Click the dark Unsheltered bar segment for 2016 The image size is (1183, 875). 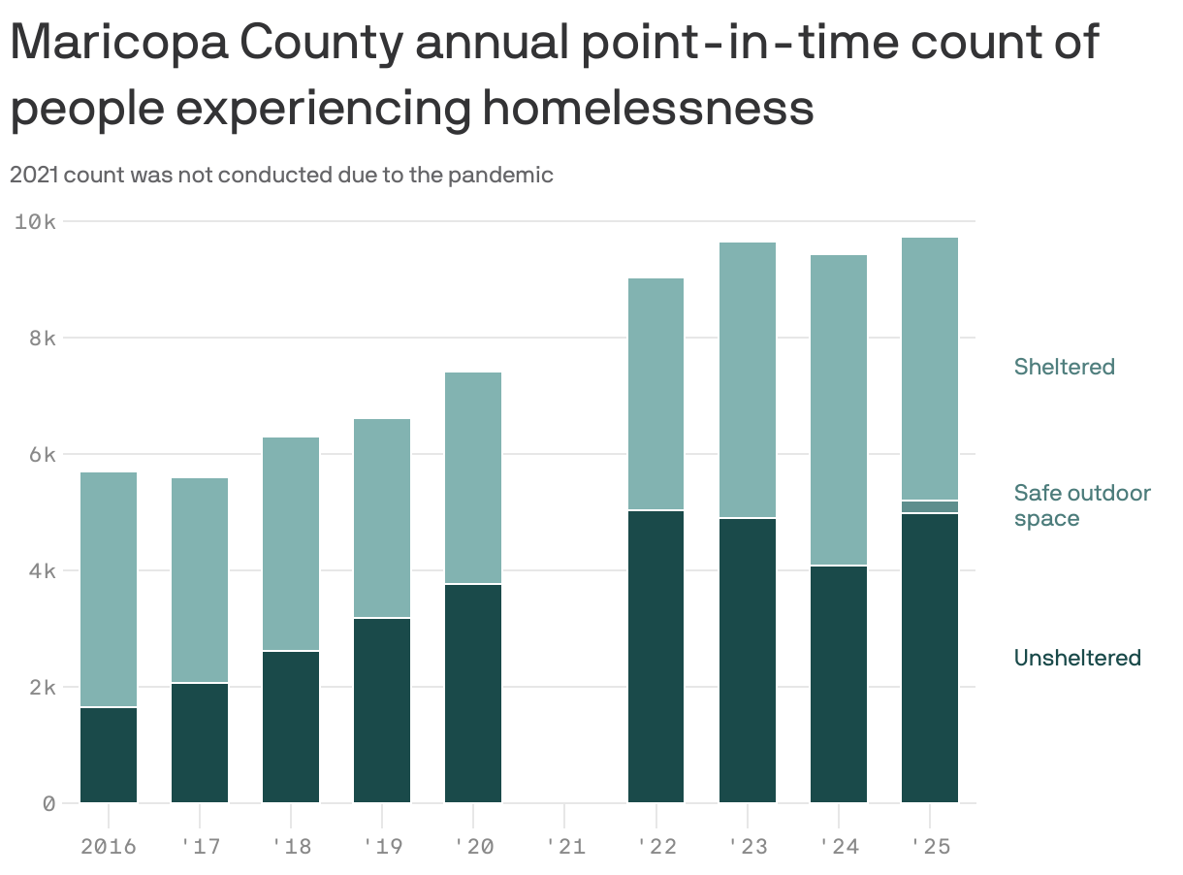109,755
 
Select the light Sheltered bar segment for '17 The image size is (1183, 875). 200,580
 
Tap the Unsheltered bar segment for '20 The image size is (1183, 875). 473,693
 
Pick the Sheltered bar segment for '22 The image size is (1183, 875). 655,394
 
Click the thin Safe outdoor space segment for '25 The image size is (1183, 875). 930,506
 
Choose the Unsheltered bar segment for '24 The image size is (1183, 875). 839,683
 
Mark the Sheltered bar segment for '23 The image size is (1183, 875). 748,380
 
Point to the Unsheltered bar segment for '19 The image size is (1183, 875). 382,710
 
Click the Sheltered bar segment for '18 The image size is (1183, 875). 291,543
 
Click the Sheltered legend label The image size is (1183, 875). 1064,367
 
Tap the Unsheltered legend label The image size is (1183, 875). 1076,658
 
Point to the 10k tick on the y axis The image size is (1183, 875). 37,221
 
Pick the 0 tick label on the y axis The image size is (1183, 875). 48,803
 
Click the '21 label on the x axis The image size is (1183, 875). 564,847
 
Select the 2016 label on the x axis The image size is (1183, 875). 108,847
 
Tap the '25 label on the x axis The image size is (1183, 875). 930,847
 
